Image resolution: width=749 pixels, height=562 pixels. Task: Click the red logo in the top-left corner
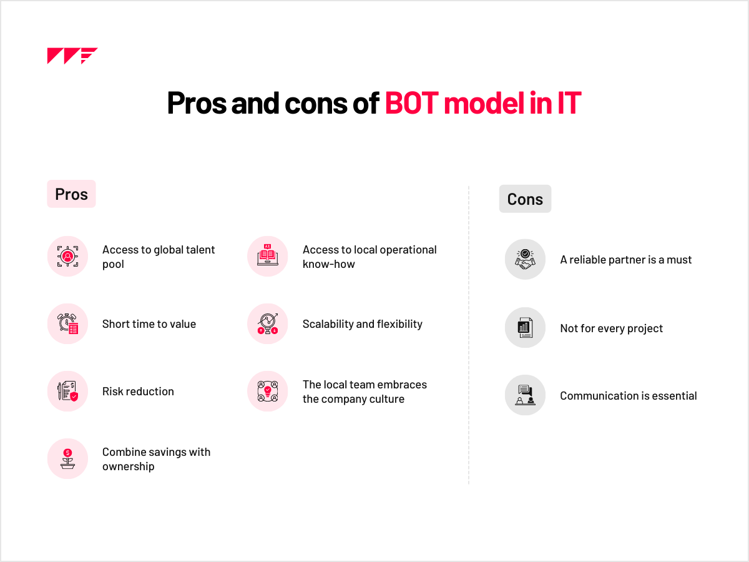[72, 56]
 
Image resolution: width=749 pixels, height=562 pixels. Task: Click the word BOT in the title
[411, 102]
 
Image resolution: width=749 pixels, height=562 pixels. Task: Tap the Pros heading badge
[71, 194]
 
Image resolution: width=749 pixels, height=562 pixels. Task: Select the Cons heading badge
[525, 199]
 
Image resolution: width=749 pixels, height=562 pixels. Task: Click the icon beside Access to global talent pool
[67, 256]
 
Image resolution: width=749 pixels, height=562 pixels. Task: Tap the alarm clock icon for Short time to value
[67, 323]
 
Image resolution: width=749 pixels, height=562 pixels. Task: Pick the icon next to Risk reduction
[67, 391]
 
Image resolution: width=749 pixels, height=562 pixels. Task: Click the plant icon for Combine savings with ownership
[67, 458]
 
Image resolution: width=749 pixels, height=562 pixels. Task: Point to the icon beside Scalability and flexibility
[268, 323]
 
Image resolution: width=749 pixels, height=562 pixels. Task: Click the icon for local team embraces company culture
[268, 391]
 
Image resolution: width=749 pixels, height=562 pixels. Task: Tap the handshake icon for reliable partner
[525, 259]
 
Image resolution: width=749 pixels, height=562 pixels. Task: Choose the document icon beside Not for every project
[525, 328]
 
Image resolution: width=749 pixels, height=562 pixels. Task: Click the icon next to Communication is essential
[525, 395]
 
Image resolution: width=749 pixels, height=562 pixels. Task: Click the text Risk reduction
[138, 392]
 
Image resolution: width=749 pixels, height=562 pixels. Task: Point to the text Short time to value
[149, 324]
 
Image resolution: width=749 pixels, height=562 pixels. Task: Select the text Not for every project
[612, 328]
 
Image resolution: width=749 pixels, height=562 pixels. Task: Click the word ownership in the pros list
[129, 467]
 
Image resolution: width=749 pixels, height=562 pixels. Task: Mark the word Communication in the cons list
[599, 396]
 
